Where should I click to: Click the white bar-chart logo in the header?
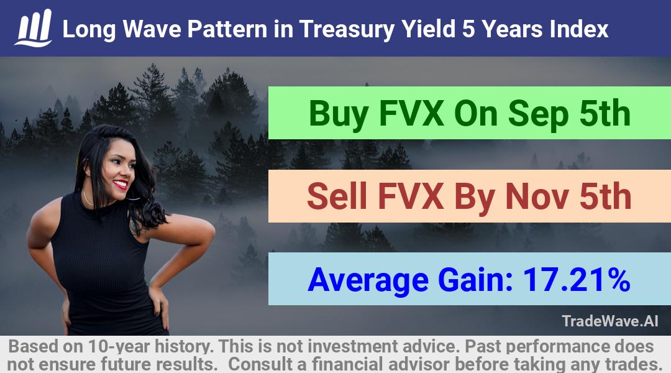[34, 28]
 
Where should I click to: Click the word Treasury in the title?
[347, 30]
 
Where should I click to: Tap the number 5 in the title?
[468, 29]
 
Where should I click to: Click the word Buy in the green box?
[339, 114]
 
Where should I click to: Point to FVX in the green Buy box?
[411, 114]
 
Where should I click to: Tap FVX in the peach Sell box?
[411, 196]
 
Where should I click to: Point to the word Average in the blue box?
[368, 280]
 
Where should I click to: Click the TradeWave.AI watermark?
[610, 321]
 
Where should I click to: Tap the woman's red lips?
[121, 184]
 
